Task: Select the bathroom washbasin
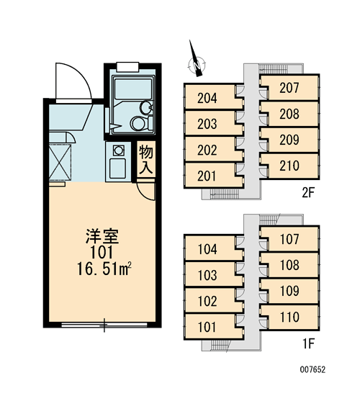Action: click(x=146, y=107)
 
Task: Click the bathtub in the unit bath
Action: click(x=132, y=89)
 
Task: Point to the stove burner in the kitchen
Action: click(x=118, y=150)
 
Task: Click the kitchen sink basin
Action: click(x=117, y=168)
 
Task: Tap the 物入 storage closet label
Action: click(x=146, y=159)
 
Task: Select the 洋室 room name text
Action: click(x=102, y=236)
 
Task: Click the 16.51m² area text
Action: click(x=104, y=269)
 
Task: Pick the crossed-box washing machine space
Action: click(x=60, y=161)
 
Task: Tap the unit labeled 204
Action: click(x=207, y=98)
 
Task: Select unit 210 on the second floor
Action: click(x=289, y=166)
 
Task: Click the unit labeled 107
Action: click(x=289, y=239)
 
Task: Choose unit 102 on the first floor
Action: click(x=207, y=301)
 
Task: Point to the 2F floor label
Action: click(x=308, y=193)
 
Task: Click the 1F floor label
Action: click(x=308, y=343)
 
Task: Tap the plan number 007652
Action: click(x=312, y=370)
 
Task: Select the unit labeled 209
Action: click(x=289, y=140)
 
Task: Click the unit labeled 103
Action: click(x=207, y=275)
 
